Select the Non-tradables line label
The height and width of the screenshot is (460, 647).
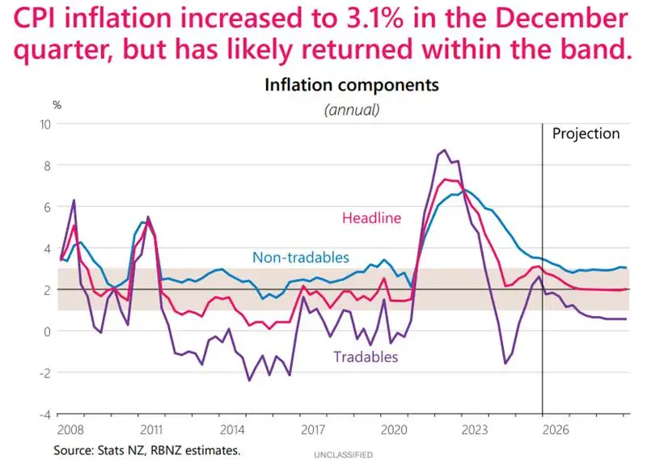301,258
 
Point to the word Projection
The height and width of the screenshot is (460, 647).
586,133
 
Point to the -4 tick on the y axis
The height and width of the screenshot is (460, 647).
44,414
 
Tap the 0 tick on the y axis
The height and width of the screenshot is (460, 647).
48,331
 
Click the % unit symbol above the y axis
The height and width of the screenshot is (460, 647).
57,105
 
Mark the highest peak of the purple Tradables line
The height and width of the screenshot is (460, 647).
444,150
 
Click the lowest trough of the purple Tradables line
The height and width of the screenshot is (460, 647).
248,380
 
